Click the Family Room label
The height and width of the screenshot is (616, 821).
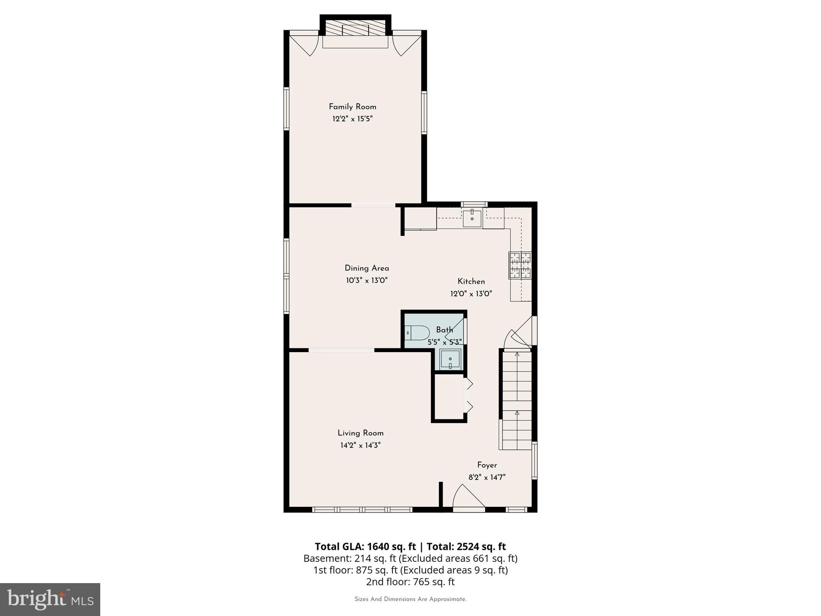pos(352,107)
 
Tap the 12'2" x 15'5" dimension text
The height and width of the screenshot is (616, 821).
pos(352,119)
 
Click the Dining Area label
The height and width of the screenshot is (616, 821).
pos(367,268)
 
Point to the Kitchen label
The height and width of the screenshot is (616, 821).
pos(471,282)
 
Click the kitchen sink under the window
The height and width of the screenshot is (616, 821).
pos(472,218)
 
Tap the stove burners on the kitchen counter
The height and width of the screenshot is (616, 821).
pos(520,265)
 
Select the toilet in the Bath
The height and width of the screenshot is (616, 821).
pos(417,333)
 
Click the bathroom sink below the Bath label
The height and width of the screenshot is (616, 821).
pos(450,359)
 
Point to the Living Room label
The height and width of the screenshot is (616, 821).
pos(360,433)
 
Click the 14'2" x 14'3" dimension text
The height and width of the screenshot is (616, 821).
pos(360,445)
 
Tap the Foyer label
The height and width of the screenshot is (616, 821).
pos(487,465)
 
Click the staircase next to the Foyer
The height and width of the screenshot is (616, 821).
pos(517,401)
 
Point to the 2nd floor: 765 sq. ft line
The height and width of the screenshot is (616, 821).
pos(410,582)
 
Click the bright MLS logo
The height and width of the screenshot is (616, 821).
pos(50,599)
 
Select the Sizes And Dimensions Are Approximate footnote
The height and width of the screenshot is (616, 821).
pos(410,599)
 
